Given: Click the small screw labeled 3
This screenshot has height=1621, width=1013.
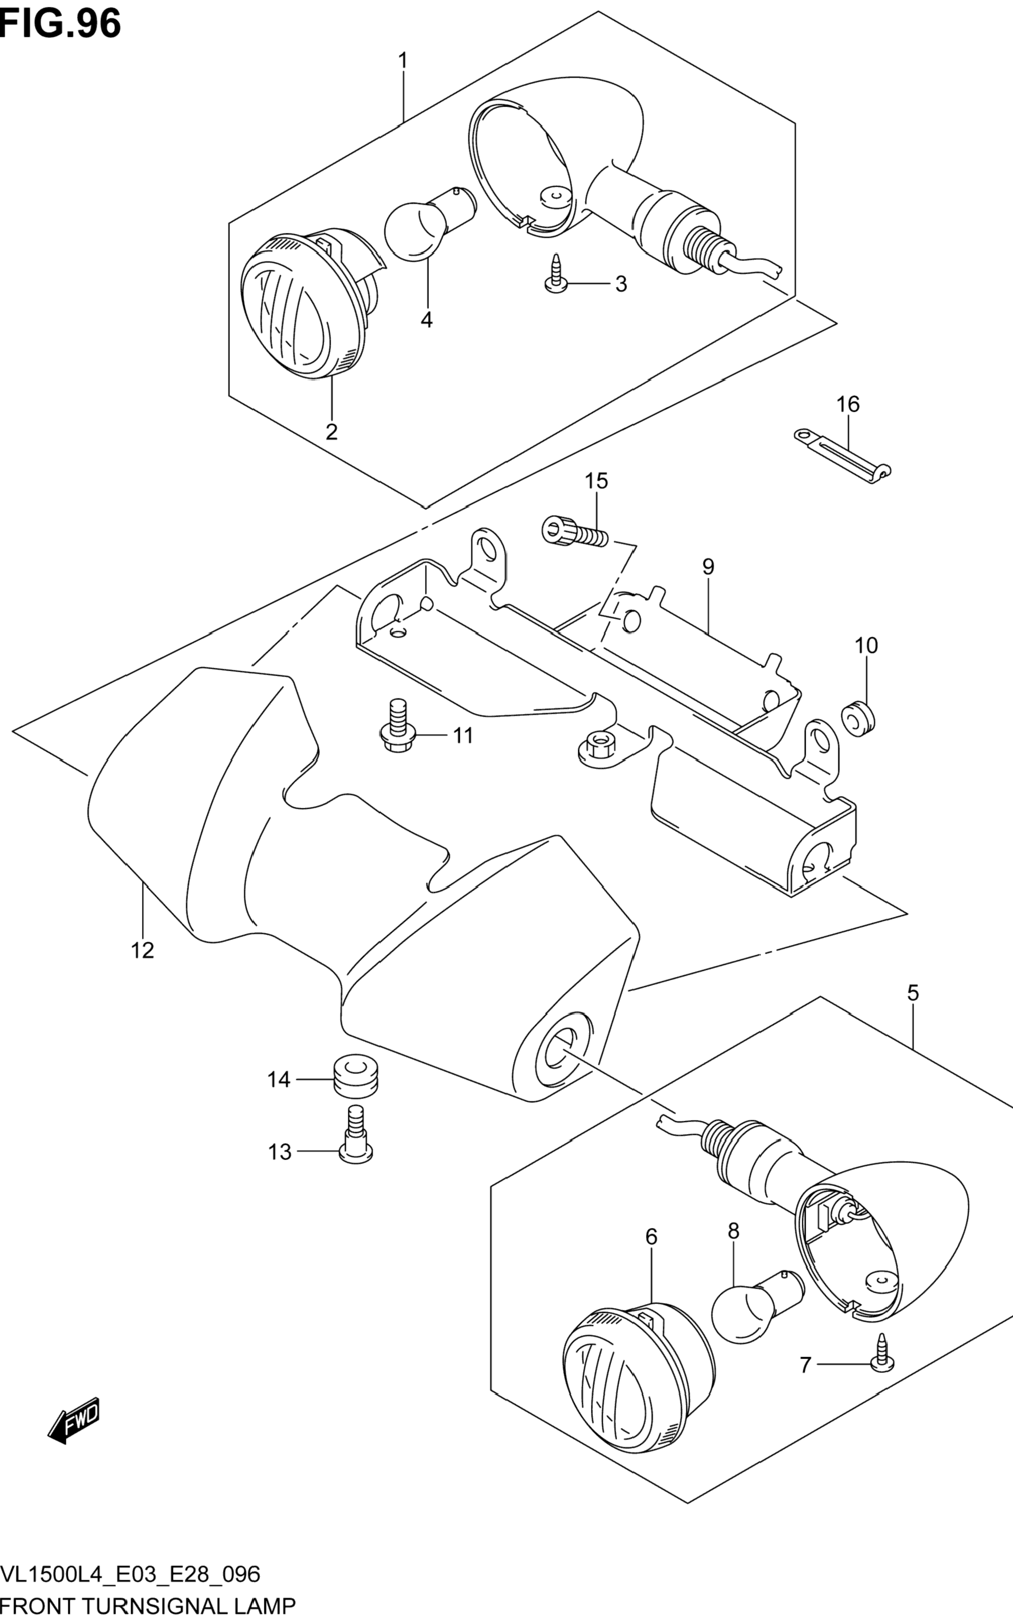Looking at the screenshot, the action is (556, 274).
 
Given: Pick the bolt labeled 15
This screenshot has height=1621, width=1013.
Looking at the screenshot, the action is (575, 531).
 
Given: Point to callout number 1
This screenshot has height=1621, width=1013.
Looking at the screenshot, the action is (403, 61).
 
